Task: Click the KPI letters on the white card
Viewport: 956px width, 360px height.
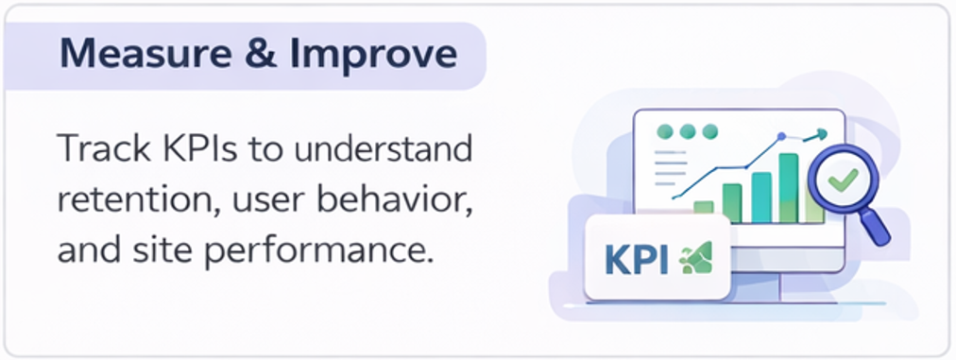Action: point(636,258)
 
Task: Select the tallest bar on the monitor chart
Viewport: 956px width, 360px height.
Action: point(789,188)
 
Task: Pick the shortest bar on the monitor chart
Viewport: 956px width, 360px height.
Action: point(703,208)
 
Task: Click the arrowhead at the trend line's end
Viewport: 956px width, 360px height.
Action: point(822,134)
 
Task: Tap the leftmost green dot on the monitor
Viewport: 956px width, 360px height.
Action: point(665,131)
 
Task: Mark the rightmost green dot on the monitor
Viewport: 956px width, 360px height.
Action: point(709,131)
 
